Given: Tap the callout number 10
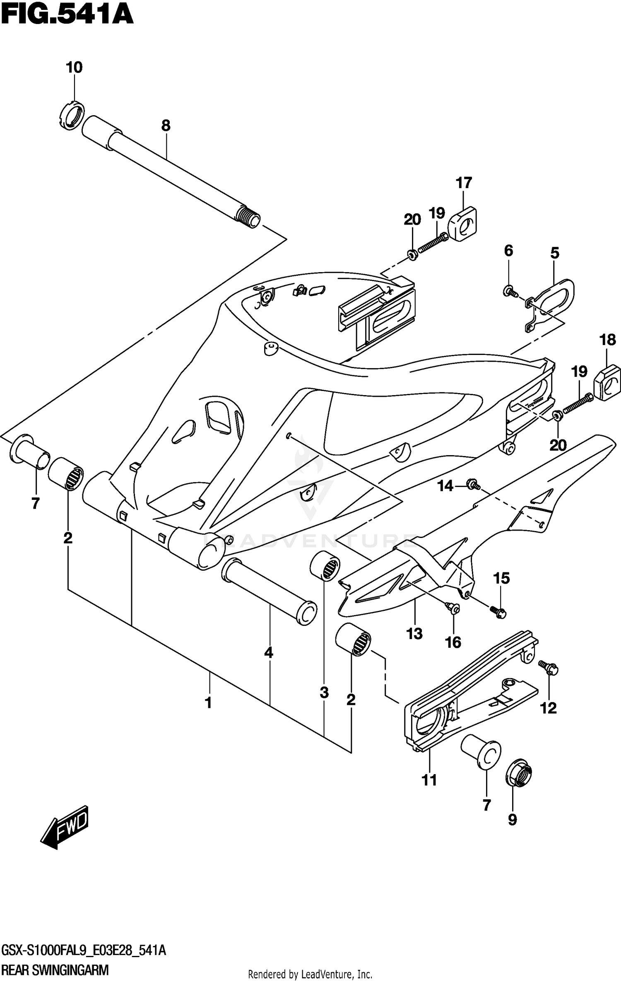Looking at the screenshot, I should pyautogui.click(x=75, y=67).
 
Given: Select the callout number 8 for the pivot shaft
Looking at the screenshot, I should pyautogui.click(x=166, y=125).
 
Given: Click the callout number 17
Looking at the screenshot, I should pyautogui.click(x=464, y=183).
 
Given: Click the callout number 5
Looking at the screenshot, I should pyautogui.click(x=554, y=253).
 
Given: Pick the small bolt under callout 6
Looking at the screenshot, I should pyautogui.click(x=510, y=292).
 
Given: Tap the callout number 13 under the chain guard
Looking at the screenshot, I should pyautogui.click(x=414, y=633).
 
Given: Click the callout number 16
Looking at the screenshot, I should pyautogui.click(x=453, y=642).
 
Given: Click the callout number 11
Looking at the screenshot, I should pyautogui.click(x=429, y=780).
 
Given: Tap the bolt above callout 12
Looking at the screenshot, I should pyautogui.click(x=549, y=667).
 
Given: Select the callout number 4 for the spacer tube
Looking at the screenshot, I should pyautogui.click(x=269, y=653).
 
